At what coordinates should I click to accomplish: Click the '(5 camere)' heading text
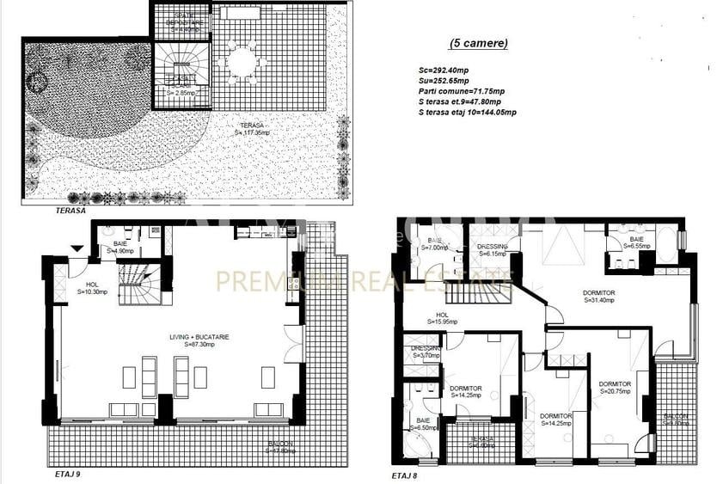click(x=479, y=43)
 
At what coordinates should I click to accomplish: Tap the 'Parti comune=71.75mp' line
click(x=462, y=89)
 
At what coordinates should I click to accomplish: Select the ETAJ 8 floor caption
click(x=408, y=474)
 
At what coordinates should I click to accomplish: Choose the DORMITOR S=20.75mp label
click(x=615, y=388)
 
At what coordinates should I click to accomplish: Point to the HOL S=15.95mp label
click(x=442, y=318)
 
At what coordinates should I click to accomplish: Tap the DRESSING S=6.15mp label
click(x=493, y=249)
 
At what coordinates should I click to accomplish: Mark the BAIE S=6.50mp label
click(x=423, y=423)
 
